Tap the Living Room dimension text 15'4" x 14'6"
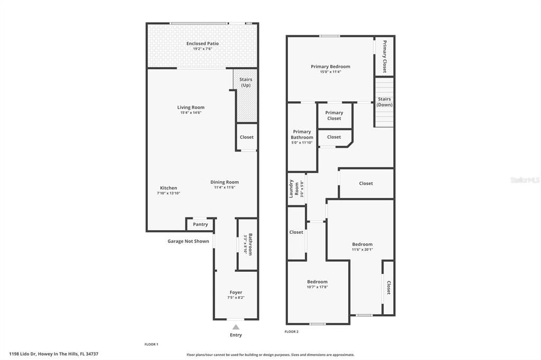191,112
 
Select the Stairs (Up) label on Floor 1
246,82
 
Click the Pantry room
200,224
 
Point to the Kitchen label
169,188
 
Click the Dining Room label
225,182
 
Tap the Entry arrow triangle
236,327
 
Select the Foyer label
236,292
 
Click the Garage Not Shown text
188,241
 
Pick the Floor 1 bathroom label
250,244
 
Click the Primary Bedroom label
330,67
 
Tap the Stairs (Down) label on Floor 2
384,102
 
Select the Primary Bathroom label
302,135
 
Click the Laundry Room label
294,188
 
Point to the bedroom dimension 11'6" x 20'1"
362,250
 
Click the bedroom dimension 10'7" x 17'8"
317,287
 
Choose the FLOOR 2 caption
292,331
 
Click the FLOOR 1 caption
151,344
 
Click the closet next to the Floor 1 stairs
246,137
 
